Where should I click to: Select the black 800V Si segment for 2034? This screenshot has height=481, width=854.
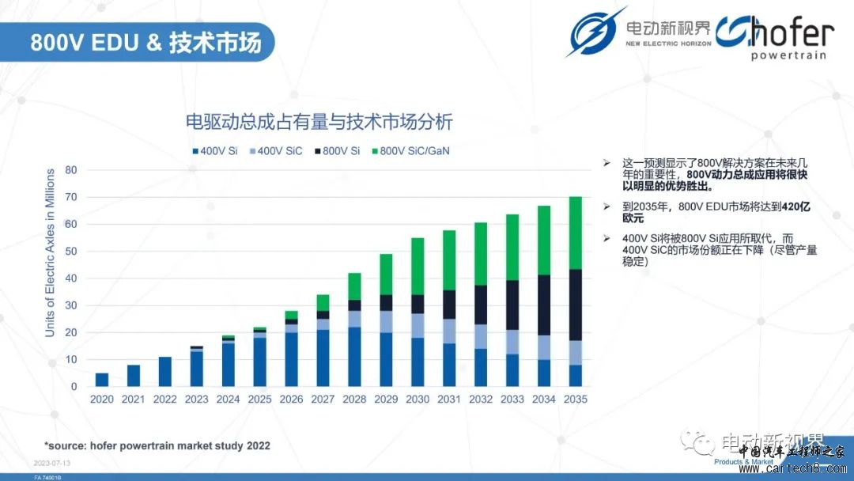[x=544, y=305]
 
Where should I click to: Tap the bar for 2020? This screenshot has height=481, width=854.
[x=102, y=380]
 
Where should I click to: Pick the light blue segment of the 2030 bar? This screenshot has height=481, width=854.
[x=418, y=326]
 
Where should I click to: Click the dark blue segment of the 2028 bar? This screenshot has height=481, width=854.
[x=354, y=357]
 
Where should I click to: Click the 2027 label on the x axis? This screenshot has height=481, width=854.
[x=323, y=400]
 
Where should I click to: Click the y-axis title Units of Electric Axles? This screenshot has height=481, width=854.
[x=51, y=253]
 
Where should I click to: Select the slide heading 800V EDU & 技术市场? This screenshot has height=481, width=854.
[x=145, y=42]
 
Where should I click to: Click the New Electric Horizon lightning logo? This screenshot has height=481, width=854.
[x=595, y=32]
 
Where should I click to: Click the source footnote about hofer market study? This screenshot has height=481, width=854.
[x=157, y=446]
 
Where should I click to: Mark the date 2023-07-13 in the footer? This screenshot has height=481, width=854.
[x=52, y=462]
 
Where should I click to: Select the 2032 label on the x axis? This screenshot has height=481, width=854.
[x=481, y=400]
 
